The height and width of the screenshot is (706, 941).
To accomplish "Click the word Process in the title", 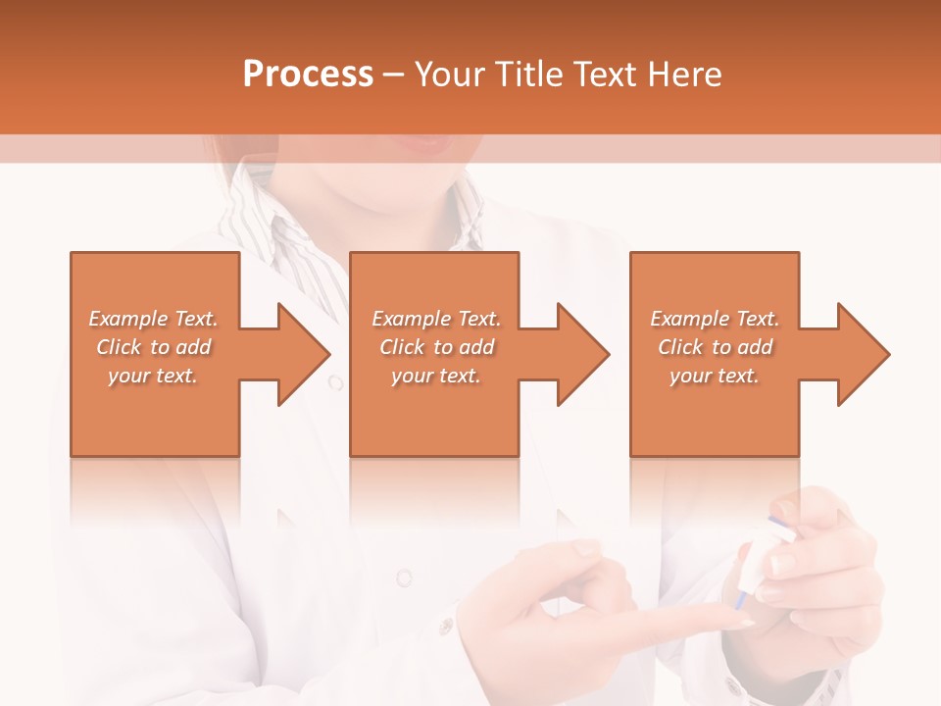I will (x=308, y=75).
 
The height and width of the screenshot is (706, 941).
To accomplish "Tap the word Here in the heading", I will (x=684, y=75).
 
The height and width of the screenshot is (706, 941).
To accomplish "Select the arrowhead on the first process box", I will (x=299, y=354).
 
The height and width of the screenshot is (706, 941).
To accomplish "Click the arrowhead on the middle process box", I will (x=578, y=354).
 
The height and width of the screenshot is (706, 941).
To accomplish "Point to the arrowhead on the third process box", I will (x=859, y=354).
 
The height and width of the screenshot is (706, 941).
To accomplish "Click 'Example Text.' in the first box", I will (x=154, y=319).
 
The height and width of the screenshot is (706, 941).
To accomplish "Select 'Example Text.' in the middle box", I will (x=436, y=319).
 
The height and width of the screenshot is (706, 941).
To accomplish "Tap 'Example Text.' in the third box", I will (x=715, y=319).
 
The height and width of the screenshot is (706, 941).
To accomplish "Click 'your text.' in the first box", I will (x=153, y=376).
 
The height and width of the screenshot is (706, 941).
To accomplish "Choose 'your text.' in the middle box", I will (x=435, y=376).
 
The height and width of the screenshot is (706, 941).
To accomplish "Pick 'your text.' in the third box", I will (x=714, y=376).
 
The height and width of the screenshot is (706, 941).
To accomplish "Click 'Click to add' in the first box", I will (x=154, y=347).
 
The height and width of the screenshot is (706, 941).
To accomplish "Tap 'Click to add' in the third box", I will (x=716, y=347).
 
